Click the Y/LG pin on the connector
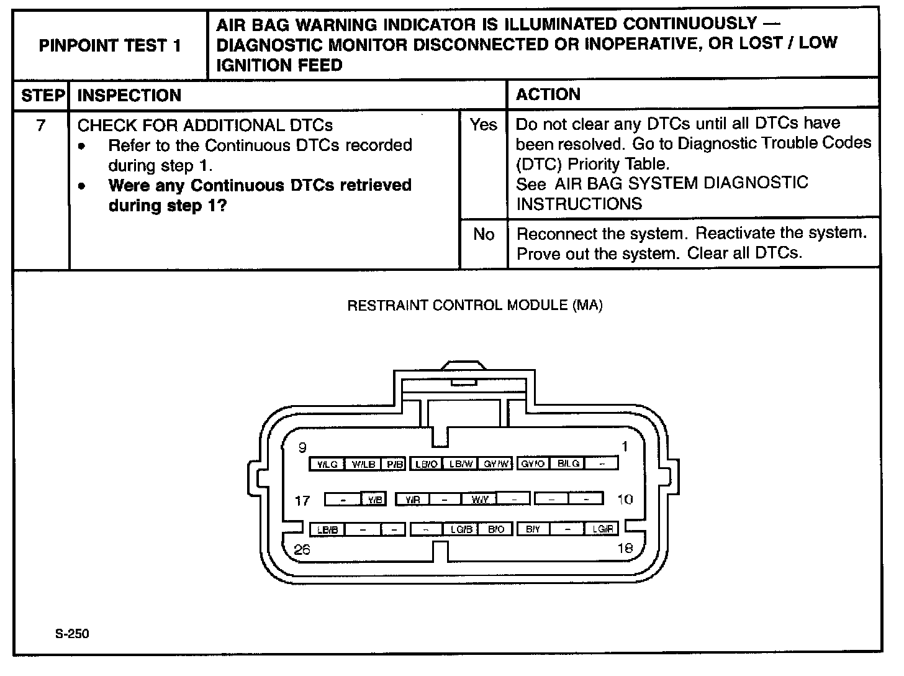[x=327, y=464]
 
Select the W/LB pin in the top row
[x=363, y=464]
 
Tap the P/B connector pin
[x=394, y=464]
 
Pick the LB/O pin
[x=427, y=464]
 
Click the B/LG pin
[x=568, y=464]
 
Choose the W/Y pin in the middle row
[x=479, y=499]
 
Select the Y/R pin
[x=412, y=499]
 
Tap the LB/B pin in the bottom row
[x=327, y=529]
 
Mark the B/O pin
[x=495, y=529]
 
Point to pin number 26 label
[x=302, y=549]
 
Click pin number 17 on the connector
[x=302, y=500]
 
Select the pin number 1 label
[x=625, y=446]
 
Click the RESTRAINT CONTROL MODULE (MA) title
[x=475, y=305]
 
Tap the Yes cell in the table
[x=483, y=125]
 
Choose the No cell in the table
[x=483, y=234]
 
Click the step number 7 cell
[x=41, y=126]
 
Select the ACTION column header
[x=548, y=94]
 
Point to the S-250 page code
[x=72, y=634]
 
